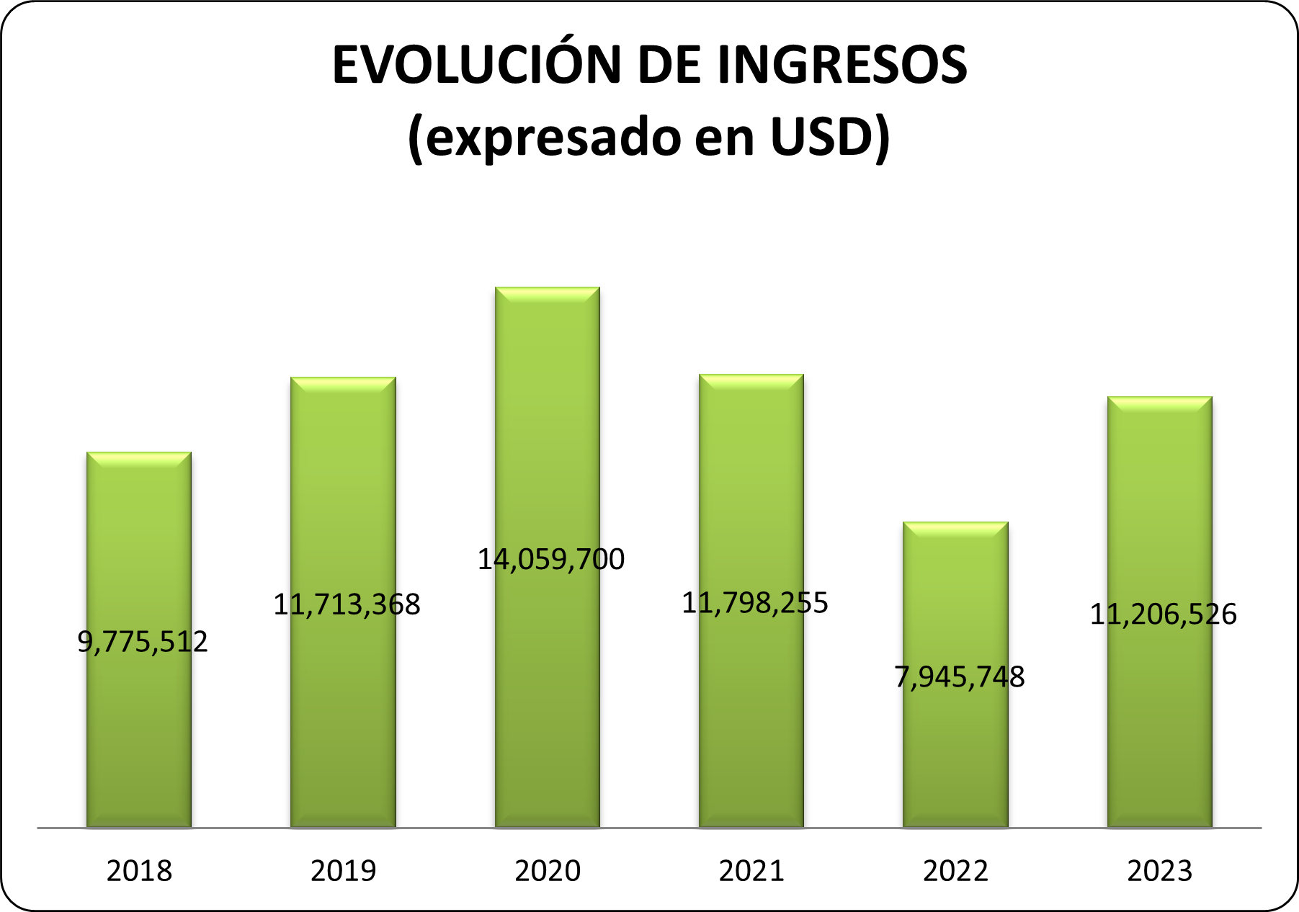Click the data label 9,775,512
click(x=143, y=641)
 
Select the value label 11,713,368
click(x=347, y=604)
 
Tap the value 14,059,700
click(x=551, y=560)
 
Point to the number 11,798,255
click(x=755, y=603)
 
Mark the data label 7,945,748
click(x=960, y=677)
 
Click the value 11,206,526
click(x=1164, y=614)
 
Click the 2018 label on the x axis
click(x=139, y=871)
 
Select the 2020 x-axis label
click(x=548, y=871)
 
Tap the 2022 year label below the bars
click(x=955, y=871)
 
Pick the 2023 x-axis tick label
click(x=1160, y=871)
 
